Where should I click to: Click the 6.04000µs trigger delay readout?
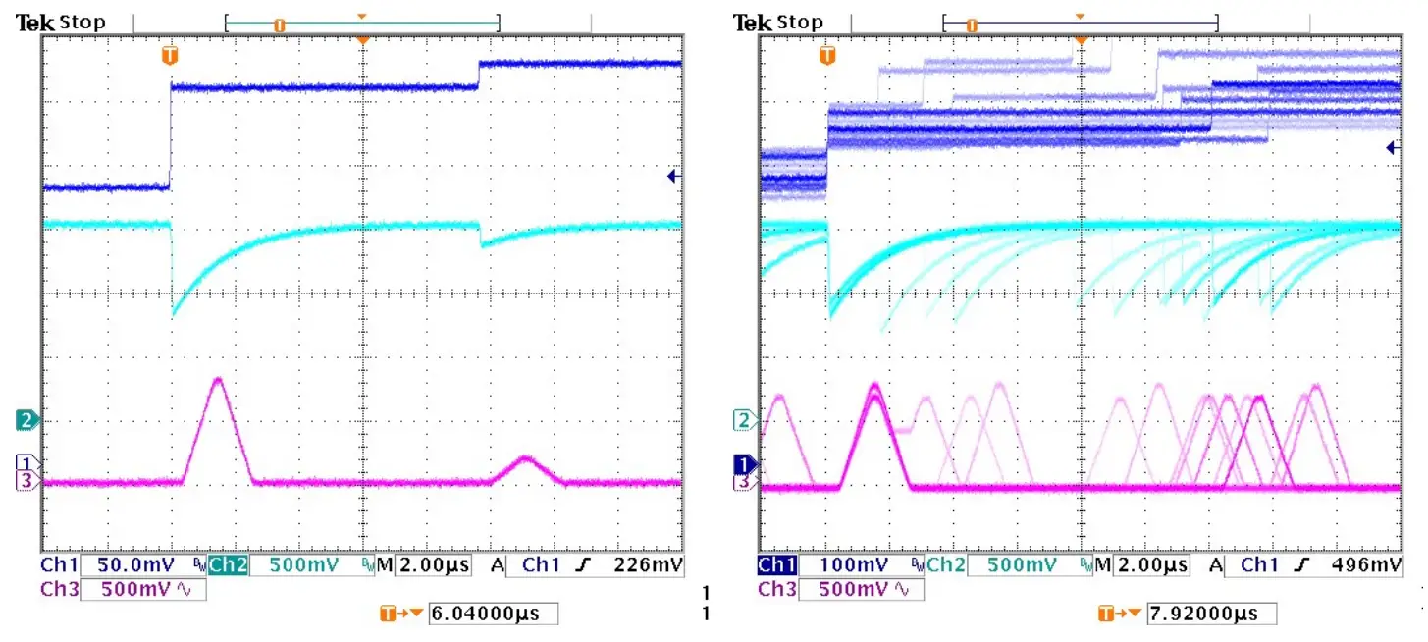pos(493,615)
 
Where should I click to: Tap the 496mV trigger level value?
pos(1367,566)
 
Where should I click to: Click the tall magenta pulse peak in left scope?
pos(218,379)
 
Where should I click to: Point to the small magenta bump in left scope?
pos(526,458)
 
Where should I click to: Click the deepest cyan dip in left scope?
pos(174,313)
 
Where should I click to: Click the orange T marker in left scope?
pos(170,56)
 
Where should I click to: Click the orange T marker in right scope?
pos(828,56)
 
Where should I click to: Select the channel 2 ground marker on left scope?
pos(27,420)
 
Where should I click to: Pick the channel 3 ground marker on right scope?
pos(745,482)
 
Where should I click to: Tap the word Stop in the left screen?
pos(82,23)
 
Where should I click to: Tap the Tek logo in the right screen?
pos(752,23)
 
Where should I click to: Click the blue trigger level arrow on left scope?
pos(673,177)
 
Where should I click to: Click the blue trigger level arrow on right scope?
pos(1392,148)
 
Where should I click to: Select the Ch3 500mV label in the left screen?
pos(122,590)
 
